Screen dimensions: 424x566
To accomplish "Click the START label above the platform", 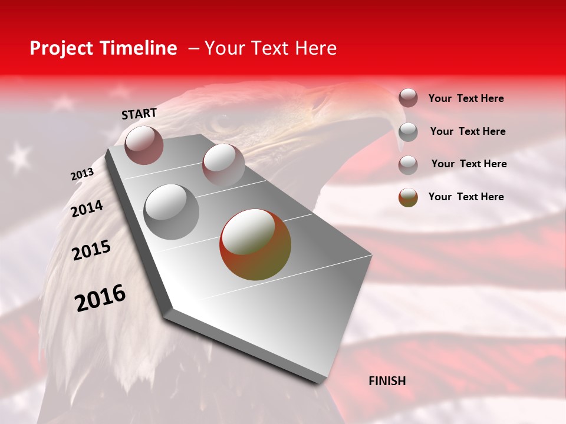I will (139, 114).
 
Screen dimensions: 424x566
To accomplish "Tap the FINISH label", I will (387, 381).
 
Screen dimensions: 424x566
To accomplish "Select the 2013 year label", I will (82, 174).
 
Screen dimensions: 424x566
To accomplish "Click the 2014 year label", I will (87, 209).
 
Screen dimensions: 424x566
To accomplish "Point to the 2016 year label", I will (100, 298).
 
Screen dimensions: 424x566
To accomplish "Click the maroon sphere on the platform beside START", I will (144, 145).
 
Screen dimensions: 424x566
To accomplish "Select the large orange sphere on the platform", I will (255, 244).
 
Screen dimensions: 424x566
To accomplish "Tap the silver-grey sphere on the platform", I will (172, 211).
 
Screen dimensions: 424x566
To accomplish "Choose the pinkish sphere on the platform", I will (223, 164).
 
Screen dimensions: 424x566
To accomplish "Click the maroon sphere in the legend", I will (408, 98).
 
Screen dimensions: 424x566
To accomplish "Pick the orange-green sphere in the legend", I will (408, 197).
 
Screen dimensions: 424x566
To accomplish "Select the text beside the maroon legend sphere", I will (466, 99).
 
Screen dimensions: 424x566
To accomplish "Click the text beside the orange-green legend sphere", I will (466, 197).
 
